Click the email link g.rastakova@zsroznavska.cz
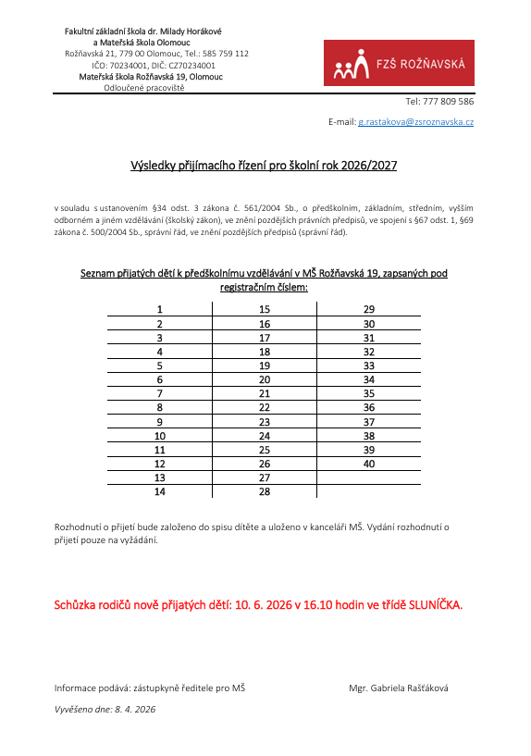click(x=416, y=122)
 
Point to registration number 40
click(x=369, y=463)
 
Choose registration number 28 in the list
click(x=265, y=491)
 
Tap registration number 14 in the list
click(x=160, y=491)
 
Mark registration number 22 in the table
click(x=265, y=407)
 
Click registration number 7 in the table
click(x=160, y=393)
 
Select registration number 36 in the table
click(x=369, y=407)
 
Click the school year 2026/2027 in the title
click(x=368, y=167)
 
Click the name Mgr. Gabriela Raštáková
click(x=399, y=688)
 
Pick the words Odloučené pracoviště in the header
click(x=143, y=88)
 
